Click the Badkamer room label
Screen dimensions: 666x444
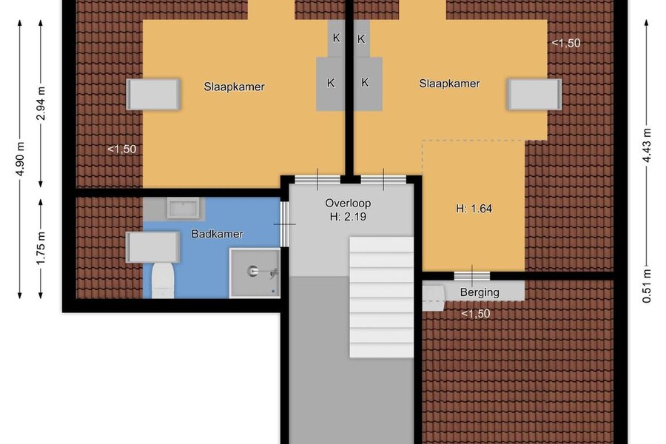217,234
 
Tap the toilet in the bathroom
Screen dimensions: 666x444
163,280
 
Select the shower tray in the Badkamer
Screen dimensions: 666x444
255,273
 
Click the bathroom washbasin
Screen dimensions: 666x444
183,208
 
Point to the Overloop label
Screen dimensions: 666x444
348,203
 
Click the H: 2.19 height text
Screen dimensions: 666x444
348,217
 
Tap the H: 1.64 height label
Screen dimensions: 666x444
474,209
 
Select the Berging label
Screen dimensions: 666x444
480,292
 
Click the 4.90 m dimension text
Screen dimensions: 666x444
19,158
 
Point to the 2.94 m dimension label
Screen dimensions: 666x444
41,104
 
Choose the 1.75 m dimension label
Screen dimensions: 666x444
41,248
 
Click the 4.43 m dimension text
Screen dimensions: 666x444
646,145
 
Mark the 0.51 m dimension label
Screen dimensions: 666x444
646,286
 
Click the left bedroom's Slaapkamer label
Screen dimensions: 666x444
234,87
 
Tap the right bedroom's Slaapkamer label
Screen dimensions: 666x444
449,84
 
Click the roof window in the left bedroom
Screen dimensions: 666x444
153,93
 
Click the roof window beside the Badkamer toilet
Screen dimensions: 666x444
152,247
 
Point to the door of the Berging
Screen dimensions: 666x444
472,275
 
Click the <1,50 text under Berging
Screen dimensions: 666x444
475,314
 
